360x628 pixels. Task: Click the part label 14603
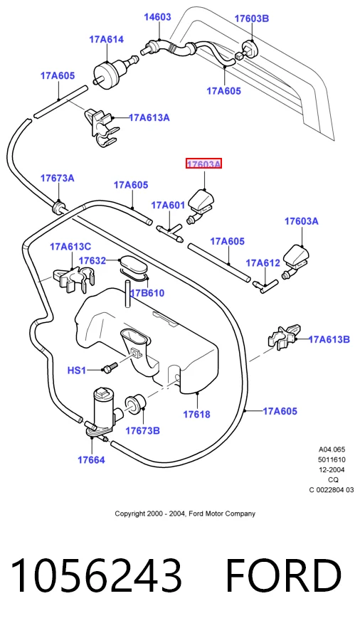[x=157, y=17]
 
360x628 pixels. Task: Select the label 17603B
[x=251, y=18]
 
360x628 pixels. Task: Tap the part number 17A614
[x=106, y=39]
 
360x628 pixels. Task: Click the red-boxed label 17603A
[x=203, y=164]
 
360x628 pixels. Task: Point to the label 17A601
[x=168, y=206]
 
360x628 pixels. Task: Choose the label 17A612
[x=263, y=262]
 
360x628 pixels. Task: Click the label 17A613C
[x=70, y=246]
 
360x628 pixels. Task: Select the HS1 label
[x=77, y=371]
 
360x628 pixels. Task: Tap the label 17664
[x=91, y=459]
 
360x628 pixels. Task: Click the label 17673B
[x=142, y=430]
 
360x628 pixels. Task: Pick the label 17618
[x=196, y=415]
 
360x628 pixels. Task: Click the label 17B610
[x=147, y=293]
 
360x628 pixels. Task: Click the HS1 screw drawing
[x=110, y=368]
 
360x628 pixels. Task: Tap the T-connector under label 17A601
[x=170, y=233]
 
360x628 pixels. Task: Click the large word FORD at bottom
[x=283, y=575]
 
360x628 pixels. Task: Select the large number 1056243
[x=96, y=575]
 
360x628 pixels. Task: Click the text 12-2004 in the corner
[x=332, y=469]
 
